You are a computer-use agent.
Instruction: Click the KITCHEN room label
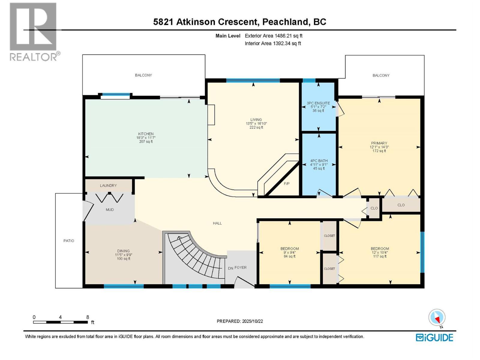146,134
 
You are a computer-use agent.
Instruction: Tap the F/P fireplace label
286,184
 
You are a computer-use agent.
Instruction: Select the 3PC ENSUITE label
318,103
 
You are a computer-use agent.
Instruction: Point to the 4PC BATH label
319,161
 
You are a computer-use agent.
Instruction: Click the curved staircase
192,255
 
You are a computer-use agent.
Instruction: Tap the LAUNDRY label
108,186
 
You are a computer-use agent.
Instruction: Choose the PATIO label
69,241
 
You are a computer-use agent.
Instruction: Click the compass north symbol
437,318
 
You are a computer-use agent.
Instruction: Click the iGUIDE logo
434,337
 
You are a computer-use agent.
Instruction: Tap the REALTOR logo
34,31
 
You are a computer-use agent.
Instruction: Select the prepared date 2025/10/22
252,321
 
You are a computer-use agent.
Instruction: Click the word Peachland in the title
286,22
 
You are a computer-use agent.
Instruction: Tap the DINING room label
123,251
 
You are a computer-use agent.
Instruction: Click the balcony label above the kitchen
143,75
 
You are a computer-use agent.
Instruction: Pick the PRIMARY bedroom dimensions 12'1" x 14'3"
379,147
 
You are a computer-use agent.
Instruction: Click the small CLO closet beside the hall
374,208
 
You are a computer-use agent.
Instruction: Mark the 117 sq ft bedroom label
380,256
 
